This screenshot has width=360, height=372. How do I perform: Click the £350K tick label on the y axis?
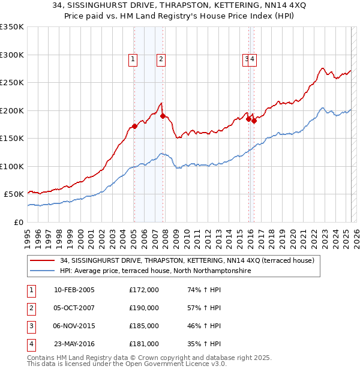12,27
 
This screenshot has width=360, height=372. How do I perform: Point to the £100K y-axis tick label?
12,166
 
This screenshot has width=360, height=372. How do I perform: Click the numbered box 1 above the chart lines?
132,59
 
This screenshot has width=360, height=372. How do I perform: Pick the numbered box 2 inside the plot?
162,59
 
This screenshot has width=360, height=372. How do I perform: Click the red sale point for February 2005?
134,126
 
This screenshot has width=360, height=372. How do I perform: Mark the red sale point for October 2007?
163,116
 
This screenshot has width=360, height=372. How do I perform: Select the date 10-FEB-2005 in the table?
74,290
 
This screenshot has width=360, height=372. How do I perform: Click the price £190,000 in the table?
144,308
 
